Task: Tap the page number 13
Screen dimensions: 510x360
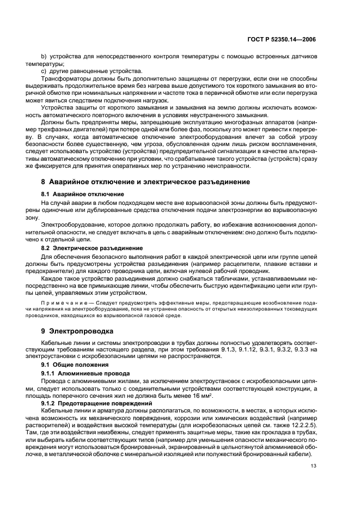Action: (x=313, y=465)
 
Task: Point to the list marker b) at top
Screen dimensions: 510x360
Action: (x=44, y=57)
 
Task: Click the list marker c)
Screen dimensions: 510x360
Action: (x=44, y=70)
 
